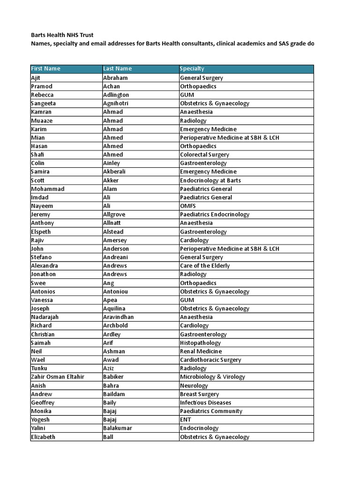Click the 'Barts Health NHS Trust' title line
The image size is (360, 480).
click(x=62, y=35)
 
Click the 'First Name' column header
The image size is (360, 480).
click(x=45, y=68)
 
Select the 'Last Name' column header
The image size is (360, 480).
click(x=117, y=68)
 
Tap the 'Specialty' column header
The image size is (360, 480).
click(x=192, y=68)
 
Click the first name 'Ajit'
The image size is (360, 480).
click(x=36, y=78)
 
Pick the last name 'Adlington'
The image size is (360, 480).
click(x=116, y=95)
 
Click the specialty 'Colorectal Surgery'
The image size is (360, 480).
click(x=204, y=154)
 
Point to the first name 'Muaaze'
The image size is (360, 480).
click(x=41, y=120)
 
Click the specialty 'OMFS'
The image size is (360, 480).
click(x=188, y=206)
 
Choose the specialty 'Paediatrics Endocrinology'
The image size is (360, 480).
click(x=215, y=214)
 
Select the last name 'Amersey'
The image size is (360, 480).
click(x=115, y=240)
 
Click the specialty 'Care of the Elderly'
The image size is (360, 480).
click(x=205, y=266)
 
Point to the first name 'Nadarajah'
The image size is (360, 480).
click(x=45, y=317)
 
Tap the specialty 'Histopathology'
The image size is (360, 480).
click(x=200, y=343)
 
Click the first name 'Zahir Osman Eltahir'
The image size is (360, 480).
click(x=58, y=377)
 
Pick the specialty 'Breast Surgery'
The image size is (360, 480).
click(x=199, y=394)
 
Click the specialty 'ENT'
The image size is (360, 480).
click(x=186, y=420)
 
